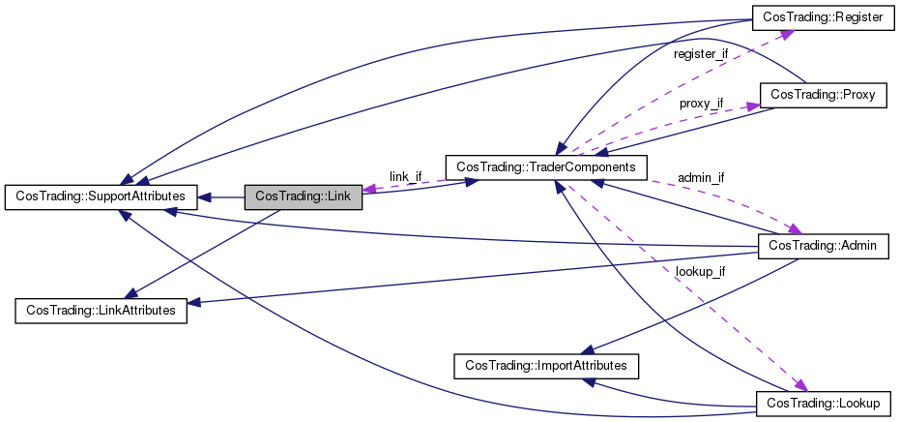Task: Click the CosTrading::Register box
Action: tap(823, 17)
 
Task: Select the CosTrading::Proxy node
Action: tap(823, 95)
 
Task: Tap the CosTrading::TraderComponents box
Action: tap(546, 167)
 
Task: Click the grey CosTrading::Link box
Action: tap(304, 197)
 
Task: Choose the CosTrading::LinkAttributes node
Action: tap(101, 311)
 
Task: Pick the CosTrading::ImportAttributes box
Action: tap(546, 366)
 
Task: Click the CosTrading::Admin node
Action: tap(823, 247)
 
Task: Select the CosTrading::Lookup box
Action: tap(823, 405)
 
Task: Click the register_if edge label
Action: tap(701, 54)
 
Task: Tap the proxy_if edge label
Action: tap(702, 105)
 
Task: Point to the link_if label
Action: tap(405, 176)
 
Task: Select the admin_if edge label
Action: tap(701, 178)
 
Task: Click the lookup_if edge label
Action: tap(700, 272)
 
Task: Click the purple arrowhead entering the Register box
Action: tap(787, 35)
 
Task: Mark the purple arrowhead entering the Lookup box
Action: tap(800, 385)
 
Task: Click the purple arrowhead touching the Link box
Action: tap(369, 188)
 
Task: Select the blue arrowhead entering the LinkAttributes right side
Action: tap(194, 302)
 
